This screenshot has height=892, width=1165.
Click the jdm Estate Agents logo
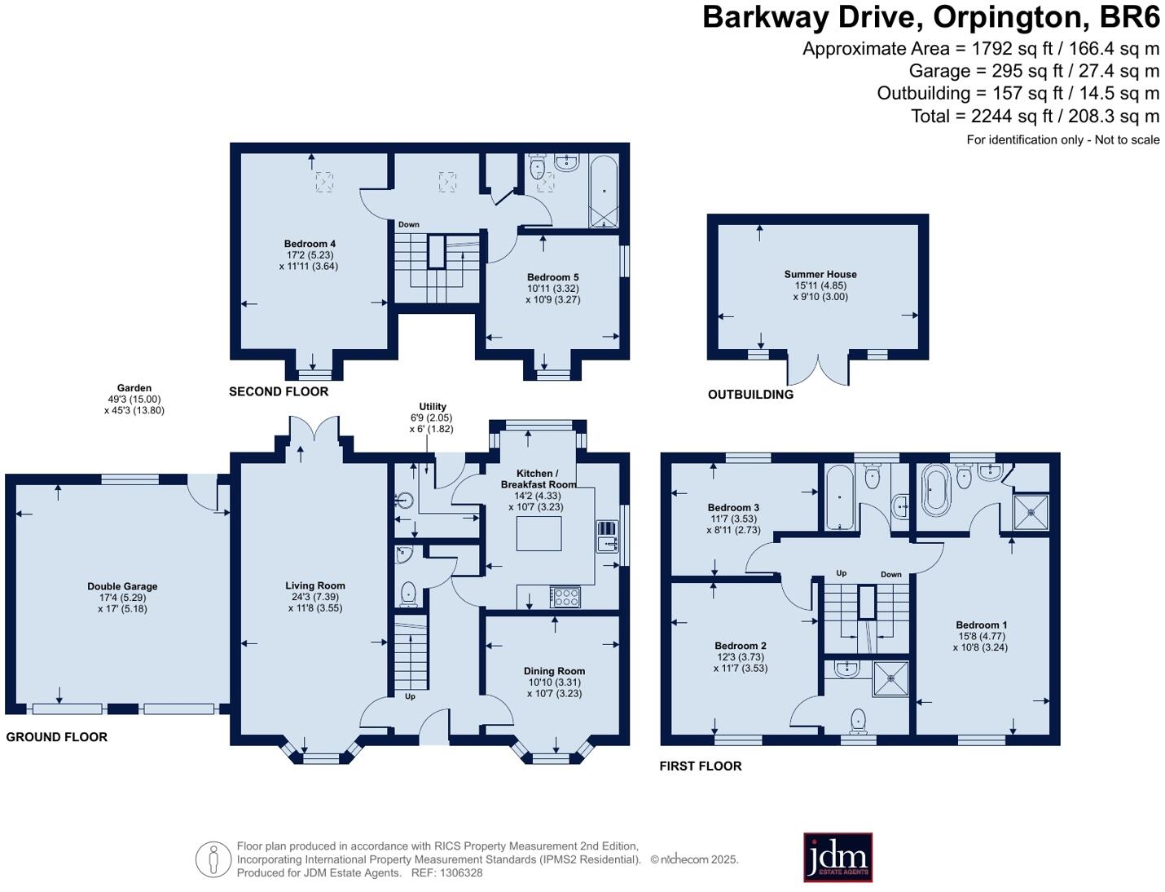click(x=837, y=857)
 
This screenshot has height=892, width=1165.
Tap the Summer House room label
click(x=820, y=285)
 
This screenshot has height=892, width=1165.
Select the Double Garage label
click(x=122, y=597)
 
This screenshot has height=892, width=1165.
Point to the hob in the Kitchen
click(x=565, y=597)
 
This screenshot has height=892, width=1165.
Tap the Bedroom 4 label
click(x=310, y=254)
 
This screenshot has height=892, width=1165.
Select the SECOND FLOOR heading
click(x=279, y=391)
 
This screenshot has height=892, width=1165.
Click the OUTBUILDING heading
click(x=750, y=395)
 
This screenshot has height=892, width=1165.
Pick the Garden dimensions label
click(x=134, y=400)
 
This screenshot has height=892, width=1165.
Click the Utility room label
click(x=433, y=417)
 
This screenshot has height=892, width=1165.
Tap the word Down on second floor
click(x=409, y=224)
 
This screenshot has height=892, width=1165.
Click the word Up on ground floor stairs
click(x=410, y=696)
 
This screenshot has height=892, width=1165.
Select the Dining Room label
click(x=554, y=682)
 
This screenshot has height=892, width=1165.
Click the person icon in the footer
click(x=213, y=859)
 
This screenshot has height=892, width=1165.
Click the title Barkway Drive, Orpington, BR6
click(x=930, y=17)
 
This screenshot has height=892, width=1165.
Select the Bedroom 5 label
click(x=552, y=288)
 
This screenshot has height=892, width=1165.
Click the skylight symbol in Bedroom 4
click(x=323, y=182)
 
